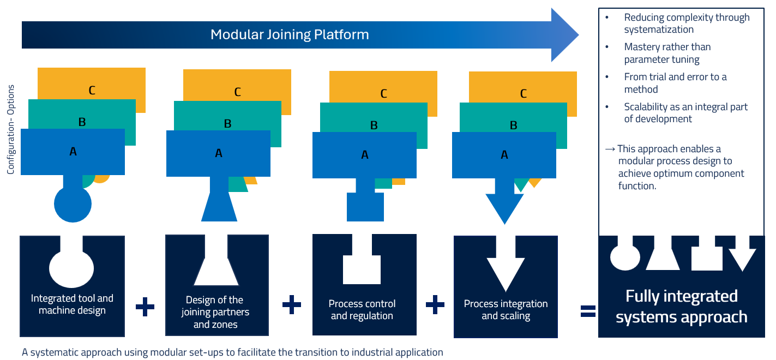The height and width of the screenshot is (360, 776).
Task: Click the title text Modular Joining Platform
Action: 290,35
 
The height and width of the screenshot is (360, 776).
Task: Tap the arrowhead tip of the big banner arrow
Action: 579,35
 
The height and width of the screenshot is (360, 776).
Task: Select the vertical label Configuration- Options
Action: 11,129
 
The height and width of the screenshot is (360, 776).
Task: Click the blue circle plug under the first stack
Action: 73,204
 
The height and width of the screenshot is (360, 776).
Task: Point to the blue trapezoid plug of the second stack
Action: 219,207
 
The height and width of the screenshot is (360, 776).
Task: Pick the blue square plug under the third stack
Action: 365,207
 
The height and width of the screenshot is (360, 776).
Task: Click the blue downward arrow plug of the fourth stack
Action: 505,207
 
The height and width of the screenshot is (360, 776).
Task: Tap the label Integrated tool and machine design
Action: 72,304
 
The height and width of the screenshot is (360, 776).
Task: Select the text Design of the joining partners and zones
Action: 215,312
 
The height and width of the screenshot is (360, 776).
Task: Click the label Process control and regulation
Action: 362,310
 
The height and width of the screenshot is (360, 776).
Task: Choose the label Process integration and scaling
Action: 506,310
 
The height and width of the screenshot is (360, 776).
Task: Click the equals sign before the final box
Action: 588,311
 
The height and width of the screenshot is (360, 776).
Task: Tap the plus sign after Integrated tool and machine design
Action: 145,307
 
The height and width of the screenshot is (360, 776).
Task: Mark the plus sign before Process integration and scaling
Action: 435,304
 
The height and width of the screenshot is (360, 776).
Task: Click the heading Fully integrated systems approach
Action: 682,307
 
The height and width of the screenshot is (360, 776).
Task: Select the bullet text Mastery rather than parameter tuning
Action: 667,53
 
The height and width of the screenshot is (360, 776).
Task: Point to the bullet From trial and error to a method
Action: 675,83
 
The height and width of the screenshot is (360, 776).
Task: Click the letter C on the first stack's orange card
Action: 92,91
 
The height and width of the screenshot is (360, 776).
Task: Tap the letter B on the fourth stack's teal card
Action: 513,125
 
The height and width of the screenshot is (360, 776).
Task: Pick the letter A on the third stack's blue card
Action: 365,154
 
